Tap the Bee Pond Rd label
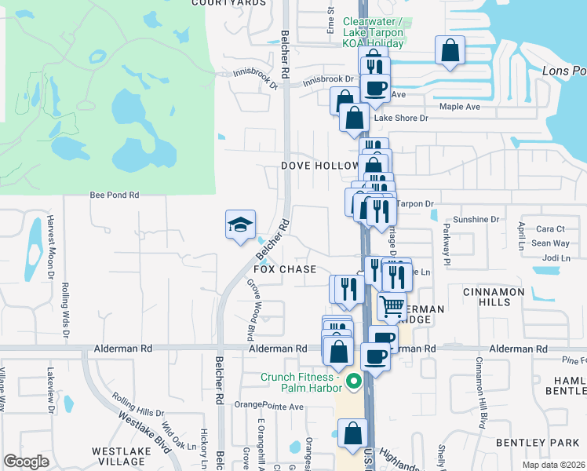[115, 195]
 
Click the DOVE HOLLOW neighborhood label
[319, 166]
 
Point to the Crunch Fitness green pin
[353, 383]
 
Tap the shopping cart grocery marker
[392, 305]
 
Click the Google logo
[26, 462]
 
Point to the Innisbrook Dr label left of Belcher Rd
[256, 76]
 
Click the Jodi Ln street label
[555, 257]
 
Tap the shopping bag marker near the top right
[450, 51]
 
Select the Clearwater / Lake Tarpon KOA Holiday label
[373, 32]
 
